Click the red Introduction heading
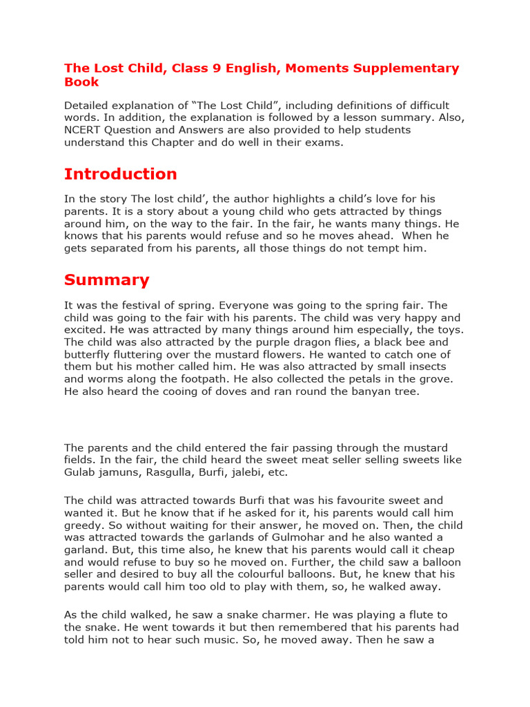tap(121, 173)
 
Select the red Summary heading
tap(107, 280)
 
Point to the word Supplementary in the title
tap(408, 68)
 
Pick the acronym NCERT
tap(84, 130)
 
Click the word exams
tap(322, 143)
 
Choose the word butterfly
tap(88, 355)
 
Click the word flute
tap(395, 615)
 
